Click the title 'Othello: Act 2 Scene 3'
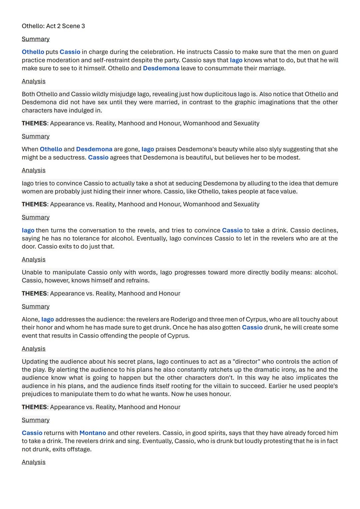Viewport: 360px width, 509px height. [x=53, y=26]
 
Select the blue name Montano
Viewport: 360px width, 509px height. [x=93, y=433]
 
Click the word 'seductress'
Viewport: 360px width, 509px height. [x=68, y=157]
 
